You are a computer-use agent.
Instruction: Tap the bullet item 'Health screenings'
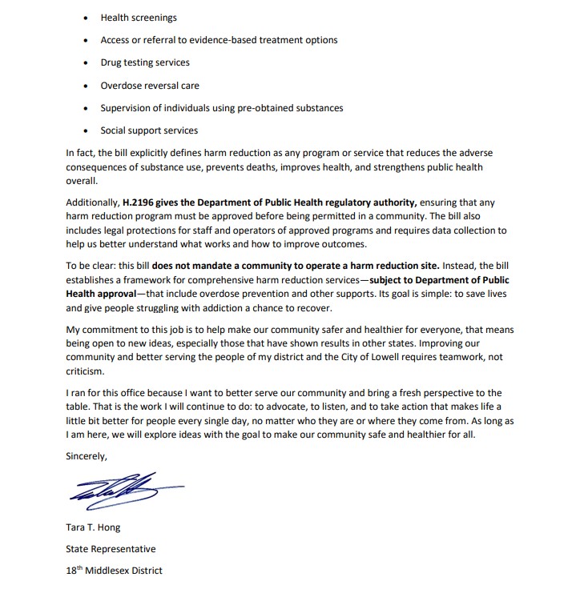139,18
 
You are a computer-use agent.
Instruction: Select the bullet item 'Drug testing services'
145,62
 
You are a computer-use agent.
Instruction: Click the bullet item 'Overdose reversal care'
150,86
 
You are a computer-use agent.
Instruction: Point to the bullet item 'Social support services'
149,130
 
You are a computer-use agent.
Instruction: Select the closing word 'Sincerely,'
86,455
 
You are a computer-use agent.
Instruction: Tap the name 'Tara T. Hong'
93,529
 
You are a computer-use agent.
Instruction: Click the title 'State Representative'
111,549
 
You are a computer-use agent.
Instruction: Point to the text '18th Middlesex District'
115,571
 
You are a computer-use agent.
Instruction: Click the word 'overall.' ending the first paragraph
82,182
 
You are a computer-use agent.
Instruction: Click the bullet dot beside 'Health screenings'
86,18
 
